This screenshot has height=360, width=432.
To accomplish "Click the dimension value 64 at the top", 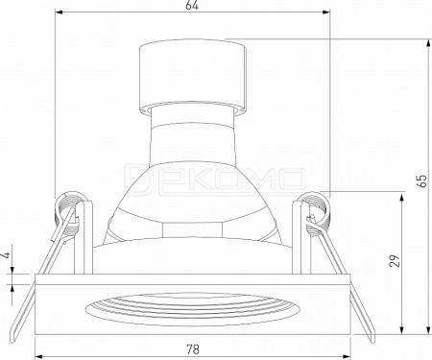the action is (x=192, y=6).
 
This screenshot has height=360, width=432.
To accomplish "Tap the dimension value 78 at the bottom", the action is (x=193, y=349).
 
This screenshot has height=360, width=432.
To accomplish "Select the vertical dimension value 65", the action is (x=422, y=181).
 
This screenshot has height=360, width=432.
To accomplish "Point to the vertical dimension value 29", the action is (x=396, y=260).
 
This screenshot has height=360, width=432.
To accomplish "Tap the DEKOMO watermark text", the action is (x=214, y=180).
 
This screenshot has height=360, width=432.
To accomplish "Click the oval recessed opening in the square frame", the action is (x=193, y=309).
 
